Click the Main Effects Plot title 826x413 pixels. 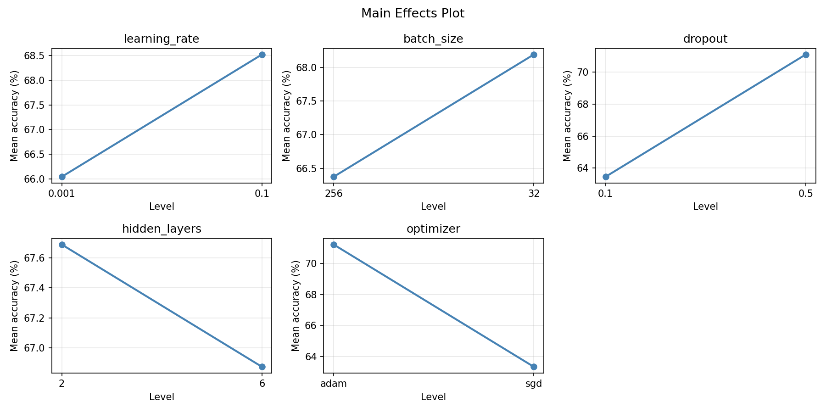(413, 14)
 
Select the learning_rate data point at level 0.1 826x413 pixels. (262, 55)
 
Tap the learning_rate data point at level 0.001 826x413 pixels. (62, 177)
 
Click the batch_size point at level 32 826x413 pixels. (534, 55)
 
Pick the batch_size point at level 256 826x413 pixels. (334, 177)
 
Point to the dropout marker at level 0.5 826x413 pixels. (806, 55)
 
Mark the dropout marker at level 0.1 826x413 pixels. (606, 177)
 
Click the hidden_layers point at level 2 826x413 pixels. (62, 245)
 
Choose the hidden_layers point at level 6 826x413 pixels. (262, 367)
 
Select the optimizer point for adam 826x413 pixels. (334, 245)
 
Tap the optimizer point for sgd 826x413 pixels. (534, 367)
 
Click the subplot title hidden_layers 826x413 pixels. (162, 229)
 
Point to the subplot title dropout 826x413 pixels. (705, 39)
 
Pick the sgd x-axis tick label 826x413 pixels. (534, 384)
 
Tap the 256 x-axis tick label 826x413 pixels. (334, 194)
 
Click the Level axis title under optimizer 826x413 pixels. (433, 397)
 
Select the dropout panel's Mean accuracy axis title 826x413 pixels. (567, 116)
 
